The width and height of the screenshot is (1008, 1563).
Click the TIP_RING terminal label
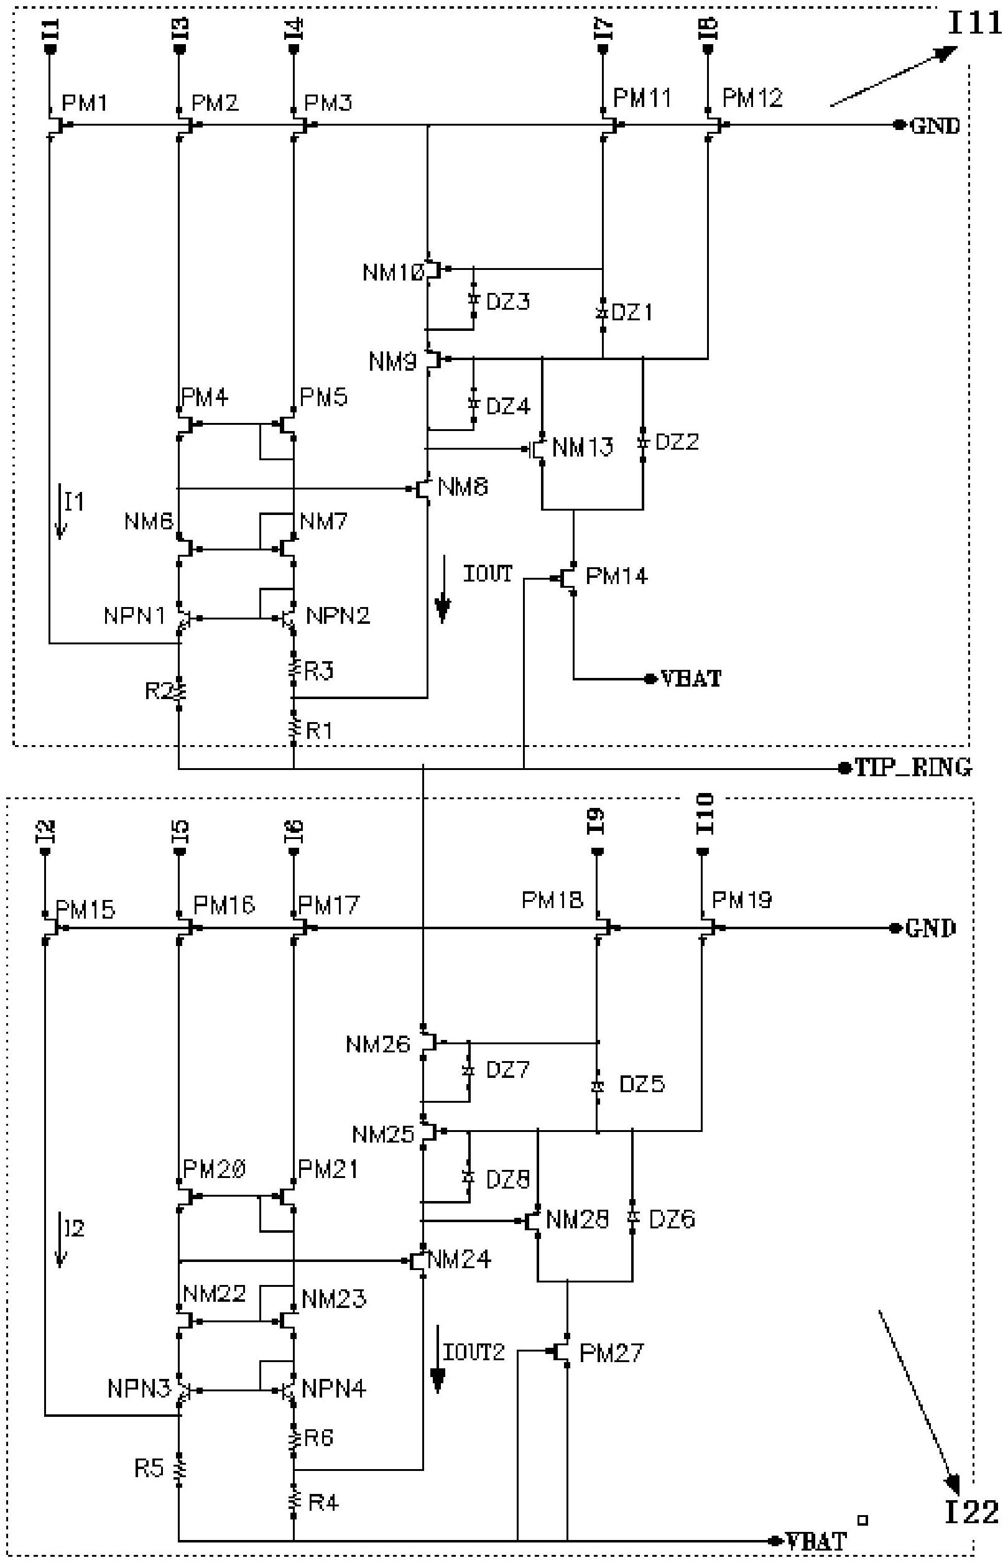click(913, 767)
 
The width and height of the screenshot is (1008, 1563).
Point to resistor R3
click(294, 669)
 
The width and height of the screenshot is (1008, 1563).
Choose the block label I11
click(974, 24)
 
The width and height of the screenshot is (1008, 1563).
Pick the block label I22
click(972, 1511)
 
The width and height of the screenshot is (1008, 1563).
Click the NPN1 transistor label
click(134, 616)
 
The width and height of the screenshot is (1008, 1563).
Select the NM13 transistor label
click(583, 448)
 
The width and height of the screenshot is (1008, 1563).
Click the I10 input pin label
click(706, 814)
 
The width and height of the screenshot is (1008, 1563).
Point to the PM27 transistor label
click(611, 1352)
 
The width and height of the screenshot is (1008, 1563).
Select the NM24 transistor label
click(459, 1259)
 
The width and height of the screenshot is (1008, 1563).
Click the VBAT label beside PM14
click(691, 679)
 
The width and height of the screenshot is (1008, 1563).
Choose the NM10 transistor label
click(394, 272)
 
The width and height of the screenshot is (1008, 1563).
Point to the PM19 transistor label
click(742, 900)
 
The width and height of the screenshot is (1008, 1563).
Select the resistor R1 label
click(320, 730)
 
